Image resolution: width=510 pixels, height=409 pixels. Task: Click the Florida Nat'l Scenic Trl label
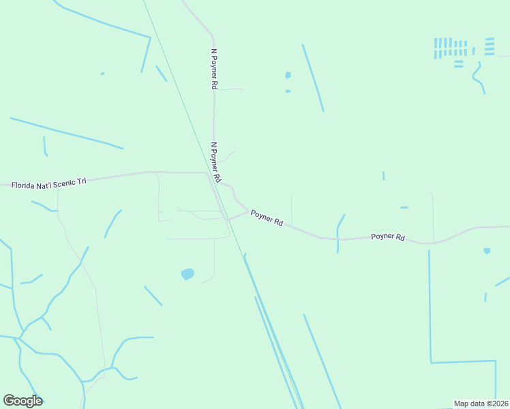[x=49, y=183]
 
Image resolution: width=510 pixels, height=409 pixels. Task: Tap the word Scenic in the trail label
[x=63, y=182]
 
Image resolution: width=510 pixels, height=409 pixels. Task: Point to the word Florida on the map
[x=25, y=185]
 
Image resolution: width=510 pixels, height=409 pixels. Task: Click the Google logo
[x=22, y=401]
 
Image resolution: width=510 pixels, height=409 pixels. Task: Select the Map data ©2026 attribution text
[x=481, y=404]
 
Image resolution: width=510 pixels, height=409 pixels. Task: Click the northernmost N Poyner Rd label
[x=213, y=69]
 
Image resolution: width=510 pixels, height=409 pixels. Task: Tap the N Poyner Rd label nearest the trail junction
[x=215, y=162]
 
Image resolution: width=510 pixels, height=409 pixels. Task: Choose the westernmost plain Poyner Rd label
[x=267, y=217]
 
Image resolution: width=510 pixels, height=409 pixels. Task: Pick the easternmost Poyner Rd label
[x=388, y=237]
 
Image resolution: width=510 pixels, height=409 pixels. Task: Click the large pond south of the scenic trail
[x=187, y=274]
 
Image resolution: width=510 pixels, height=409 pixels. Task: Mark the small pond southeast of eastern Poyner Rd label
[x=487, y=251]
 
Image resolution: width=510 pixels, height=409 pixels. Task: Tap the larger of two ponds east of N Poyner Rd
[x=288, y=75]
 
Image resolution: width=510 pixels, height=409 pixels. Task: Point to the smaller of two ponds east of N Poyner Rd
[x=288, y=91]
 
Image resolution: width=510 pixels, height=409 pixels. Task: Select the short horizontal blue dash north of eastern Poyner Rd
[x=404, y=207]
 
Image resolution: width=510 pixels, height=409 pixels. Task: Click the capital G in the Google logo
[x=10, y=401]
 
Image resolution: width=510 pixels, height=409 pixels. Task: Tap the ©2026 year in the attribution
[x=497, y=404]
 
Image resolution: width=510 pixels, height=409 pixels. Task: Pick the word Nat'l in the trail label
[x=44, y=183]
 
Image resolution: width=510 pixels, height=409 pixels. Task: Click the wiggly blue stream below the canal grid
[x=479, y=78]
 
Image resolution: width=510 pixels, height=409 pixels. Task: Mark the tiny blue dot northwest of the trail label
[x=102, y=74]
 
